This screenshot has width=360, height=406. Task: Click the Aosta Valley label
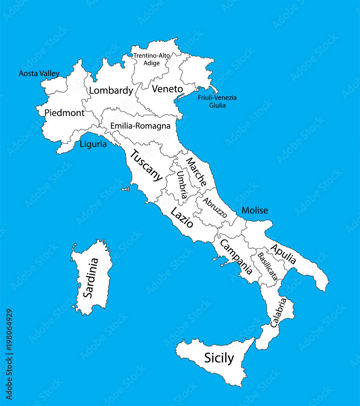pyautogui.click(x=39, y=73)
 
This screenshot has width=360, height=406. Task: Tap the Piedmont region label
pyautogui.click(x=64, y=113)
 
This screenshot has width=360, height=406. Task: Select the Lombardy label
pyautogui.click(x=111, y=91)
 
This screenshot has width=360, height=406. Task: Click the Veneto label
pyautogui.click(x=167, y=89)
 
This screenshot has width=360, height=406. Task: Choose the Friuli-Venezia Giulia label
pyautogui.click(x=217, y=101)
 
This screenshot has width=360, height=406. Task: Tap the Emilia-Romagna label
pyautogui.click(x=140, y=126)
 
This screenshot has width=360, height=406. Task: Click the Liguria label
pyautogui.click(x=93, y=144)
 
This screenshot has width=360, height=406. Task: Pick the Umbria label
pyautogui.click(x=182, y=185)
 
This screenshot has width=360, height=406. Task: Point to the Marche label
pyautogui.click(x=196, y=171)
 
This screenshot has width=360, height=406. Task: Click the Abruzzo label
pyautogui.click(x=215, y=207)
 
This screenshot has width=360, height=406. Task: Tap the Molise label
pyautogui.click(x=255, y=210)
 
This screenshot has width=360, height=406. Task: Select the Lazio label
pyautogui.click(x=181, y=218)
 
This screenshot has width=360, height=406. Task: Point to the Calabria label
pyautogui.click(x=278, y=313)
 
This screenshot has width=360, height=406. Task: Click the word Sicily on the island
pyautogui.click(x=219, y=358)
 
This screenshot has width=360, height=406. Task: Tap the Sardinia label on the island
pyautogui.click(x=91, y=278)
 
